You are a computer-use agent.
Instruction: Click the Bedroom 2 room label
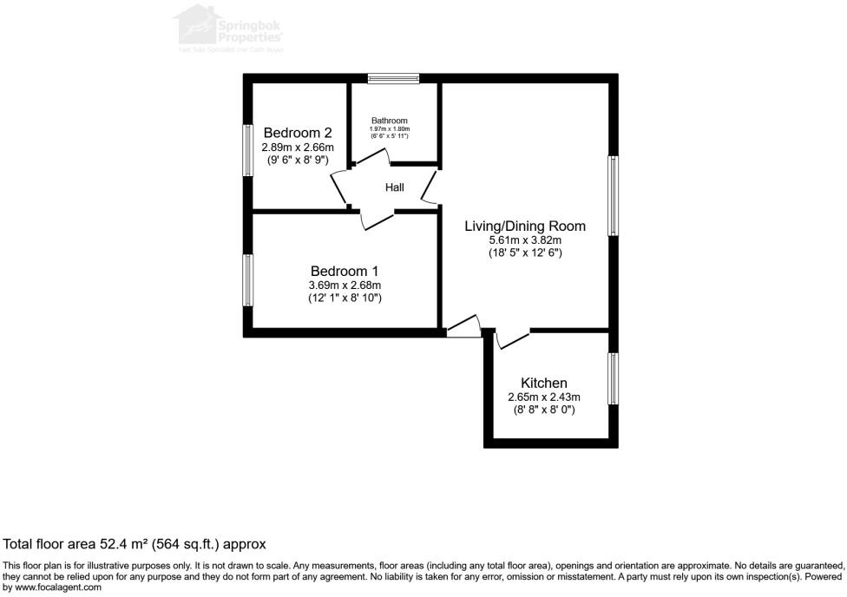[298, 133]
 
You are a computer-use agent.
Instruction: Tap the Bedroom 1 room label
[345, 271]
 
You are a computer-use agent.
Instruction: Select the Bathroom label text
[389, 121]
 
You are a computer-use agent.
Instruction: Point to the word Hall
[395, 187]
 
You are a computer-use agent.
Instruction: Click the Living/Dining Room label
[525, 226]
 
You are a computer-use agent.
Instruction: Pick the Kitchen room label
[544, 383]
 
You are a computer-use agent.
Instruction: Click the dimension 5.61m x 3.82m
[525, 240]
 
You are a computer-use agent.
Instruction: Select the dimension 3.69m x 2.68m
[345, 285]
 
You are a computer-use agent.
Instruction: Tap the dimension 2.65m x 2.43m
[544, 397]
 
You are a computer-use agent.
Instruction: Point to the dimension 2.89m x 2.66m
[298, 148]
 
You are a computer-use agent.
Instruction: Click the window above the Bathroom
[393, 79]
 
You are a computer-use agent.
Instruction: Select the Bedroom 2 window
[247, 152]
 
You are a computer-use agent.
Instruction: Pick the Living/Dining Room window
[613, 195]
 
